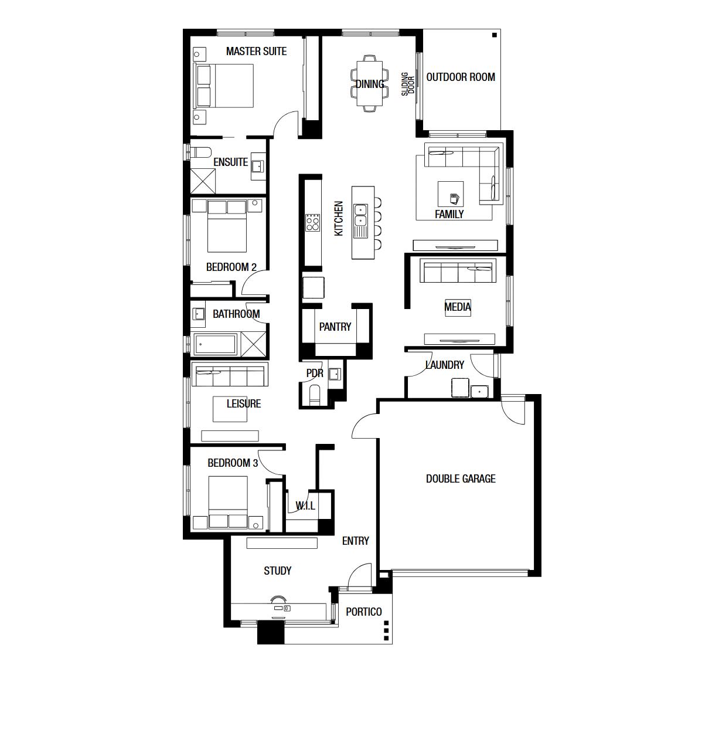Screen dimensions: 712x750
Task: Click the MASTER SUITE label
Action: [x=256, y=51]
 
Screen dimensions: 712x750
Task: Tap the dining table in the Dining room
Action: [x=370, y=83]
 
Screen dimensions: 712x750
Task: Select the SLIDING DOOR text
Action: [x=408, y=84]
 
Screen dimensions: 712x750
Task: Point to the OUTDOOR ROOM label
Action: [x=460, y=77]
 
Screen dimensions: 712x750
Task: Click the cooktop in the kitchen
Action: [x=313, y=222]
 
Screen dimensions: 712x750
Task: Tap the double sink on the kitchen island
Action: [x=360, y=216]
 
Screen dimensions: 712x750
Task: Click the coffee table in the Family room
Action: [x=451, y=194]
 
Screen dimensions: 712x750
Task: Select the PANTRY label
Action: [x=335, y=327]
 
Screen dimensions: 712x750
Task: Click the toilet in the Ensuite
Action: [x=200, y=152]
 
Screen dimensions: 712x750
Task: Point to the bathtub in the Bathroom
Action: [x=216, y=344]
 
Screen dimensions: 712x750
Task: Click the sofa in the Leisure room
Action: [x=230, y=374]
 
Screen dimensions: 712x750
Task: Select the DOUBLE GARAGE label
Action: [x=461, y=478]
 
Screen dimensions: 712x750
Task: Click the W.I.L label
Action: [x=305, y=506]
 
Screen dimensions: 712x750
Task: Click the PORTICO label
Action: [x=363, y=612]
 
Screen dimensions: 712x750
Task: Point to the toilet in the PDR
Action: [x=314, y=394]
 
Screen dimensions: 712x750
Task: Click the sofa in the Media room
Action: [x=458, y=270]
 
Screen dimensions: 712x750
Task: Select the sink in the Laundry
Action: [x=479, y=391]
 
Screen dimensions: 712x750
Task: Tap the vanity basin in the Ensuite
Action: [x=258, y=167]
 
